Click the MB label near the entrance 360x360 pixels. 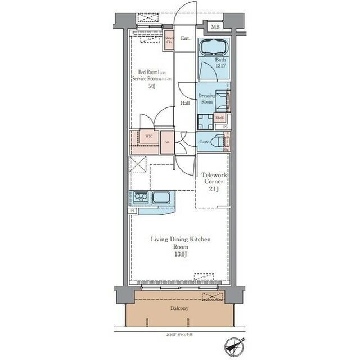click(x=215, y=27)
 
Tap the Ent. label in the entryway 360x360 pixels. click(x=186, y=39)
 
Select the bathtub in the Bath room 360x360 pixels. click(x=214, y=47)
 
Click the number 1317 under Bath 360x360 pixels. click(x=220, y=65)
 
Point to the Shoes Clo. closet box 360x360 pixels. click(x=169, y=40)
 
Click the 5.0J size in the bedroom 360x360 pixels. click(x=152, y=87)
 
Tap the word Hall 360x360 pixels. click(x=185, y=103)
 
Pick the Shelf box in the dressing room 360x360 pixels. click(x=219, y=118)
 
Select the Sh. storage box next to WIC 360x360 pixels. click(x=167, y=142)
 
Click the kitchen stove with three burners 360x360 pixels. click(x=140, y=197)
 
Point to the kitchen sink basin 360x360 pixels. click(x=162, y=197)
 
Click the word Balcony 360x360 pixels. click(x=180, y=308)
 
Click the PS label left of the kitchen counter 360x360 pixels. click(x=133, y=210)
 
